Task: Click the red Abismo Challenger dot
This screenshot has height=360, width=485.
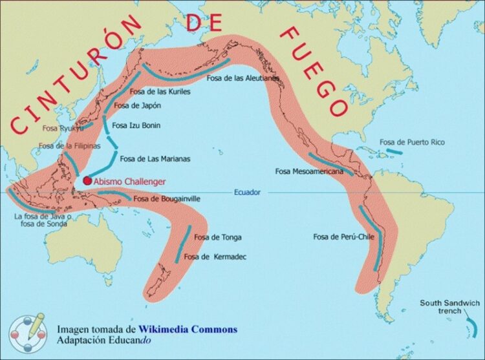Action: pos(87,182)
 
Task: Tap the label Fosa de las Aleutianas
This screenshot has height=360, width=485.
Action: pos(243,78)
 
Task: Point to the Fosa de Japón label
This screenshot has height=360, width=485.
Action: pos(137,105)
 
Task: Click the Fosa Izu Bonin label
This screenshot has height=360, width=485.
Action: pos(136,125)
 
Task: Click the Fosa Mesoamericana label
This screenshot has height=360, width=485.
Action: pos(308,171)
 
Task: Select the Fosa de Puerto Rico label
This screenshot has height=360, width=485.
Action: pos(412,142)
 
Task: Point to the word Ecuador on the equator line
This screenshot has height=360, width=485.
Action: pos(247,192)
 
